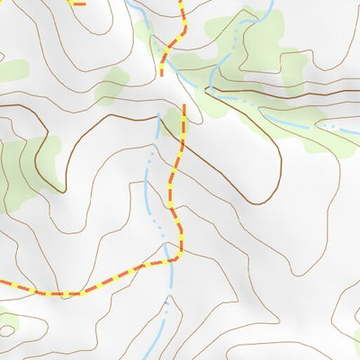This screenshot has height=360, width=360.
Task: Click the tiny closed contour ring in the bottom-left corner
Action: point(7,330)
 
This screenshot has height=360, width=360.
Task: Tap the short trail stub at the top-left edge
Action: point(78,3)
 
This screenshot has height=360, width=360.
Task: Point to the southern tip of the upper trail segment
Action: point(163,71)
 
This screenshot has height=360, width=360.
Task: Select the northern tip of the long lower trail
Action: point(184,106)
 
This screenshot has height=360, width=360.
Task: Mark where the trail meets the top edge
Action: point(183,2)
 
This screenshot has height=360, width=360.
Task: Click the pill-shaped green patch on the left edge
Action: point(11,71)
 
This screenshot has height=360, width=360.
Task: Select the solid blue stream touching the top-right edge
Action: point(269,7)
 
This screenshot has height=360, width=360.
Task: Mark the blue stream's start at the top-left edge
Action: point(130,3)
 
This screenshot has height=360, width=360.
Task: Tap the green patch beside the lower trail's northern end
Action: point(171,121)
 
